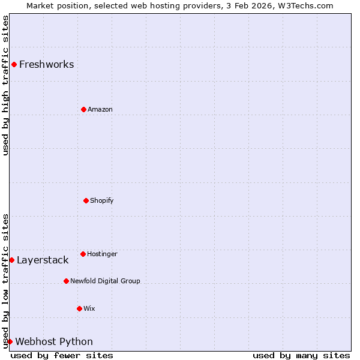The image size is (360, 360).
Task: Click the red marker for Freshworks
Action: click(x=14, y=64)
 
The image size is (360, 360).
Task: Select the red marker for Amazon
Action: click(x=83, y=109)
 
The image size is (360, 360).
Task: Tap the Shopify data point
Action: click(x=86, y=200)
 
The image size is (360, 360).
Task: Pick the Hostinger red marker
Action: click(x=83, y=254)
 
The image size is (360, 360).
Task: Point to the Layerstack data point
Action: click(x=11, y=260)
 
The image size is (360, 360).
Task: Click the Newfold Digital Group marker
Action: click(x=66, y=281)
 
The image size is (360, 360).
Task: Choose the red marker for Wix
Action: click(x=79, y=308)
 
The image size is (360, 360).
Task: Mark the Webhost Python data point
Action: click(x=10, y=341)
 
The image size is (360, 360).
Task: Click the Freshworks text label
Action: click(x=46, y=64)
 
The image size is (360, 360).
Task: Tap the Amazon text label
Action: click(x=100, y=109)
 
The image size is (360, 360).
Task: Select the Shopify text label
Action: click(x=102, y=200)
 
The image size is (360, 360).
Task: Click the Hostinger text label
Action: click(x=102, y=254)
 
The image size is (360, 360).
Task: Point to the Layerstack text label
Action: click(x=43, y=260)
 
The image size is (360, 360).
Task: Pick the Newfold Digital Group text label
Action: click(x=105, y=281)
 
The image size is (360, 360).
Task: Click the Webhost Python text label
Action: click(x=54, y=341)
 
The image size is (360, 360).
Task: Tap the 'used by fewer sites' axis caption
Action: click(x=62, y=355)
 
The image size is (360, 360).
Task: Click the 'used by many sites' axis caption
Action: click(x=301, y=355)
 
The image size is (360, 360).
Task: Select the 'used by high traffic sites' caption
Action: click(x=5, y=85)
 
